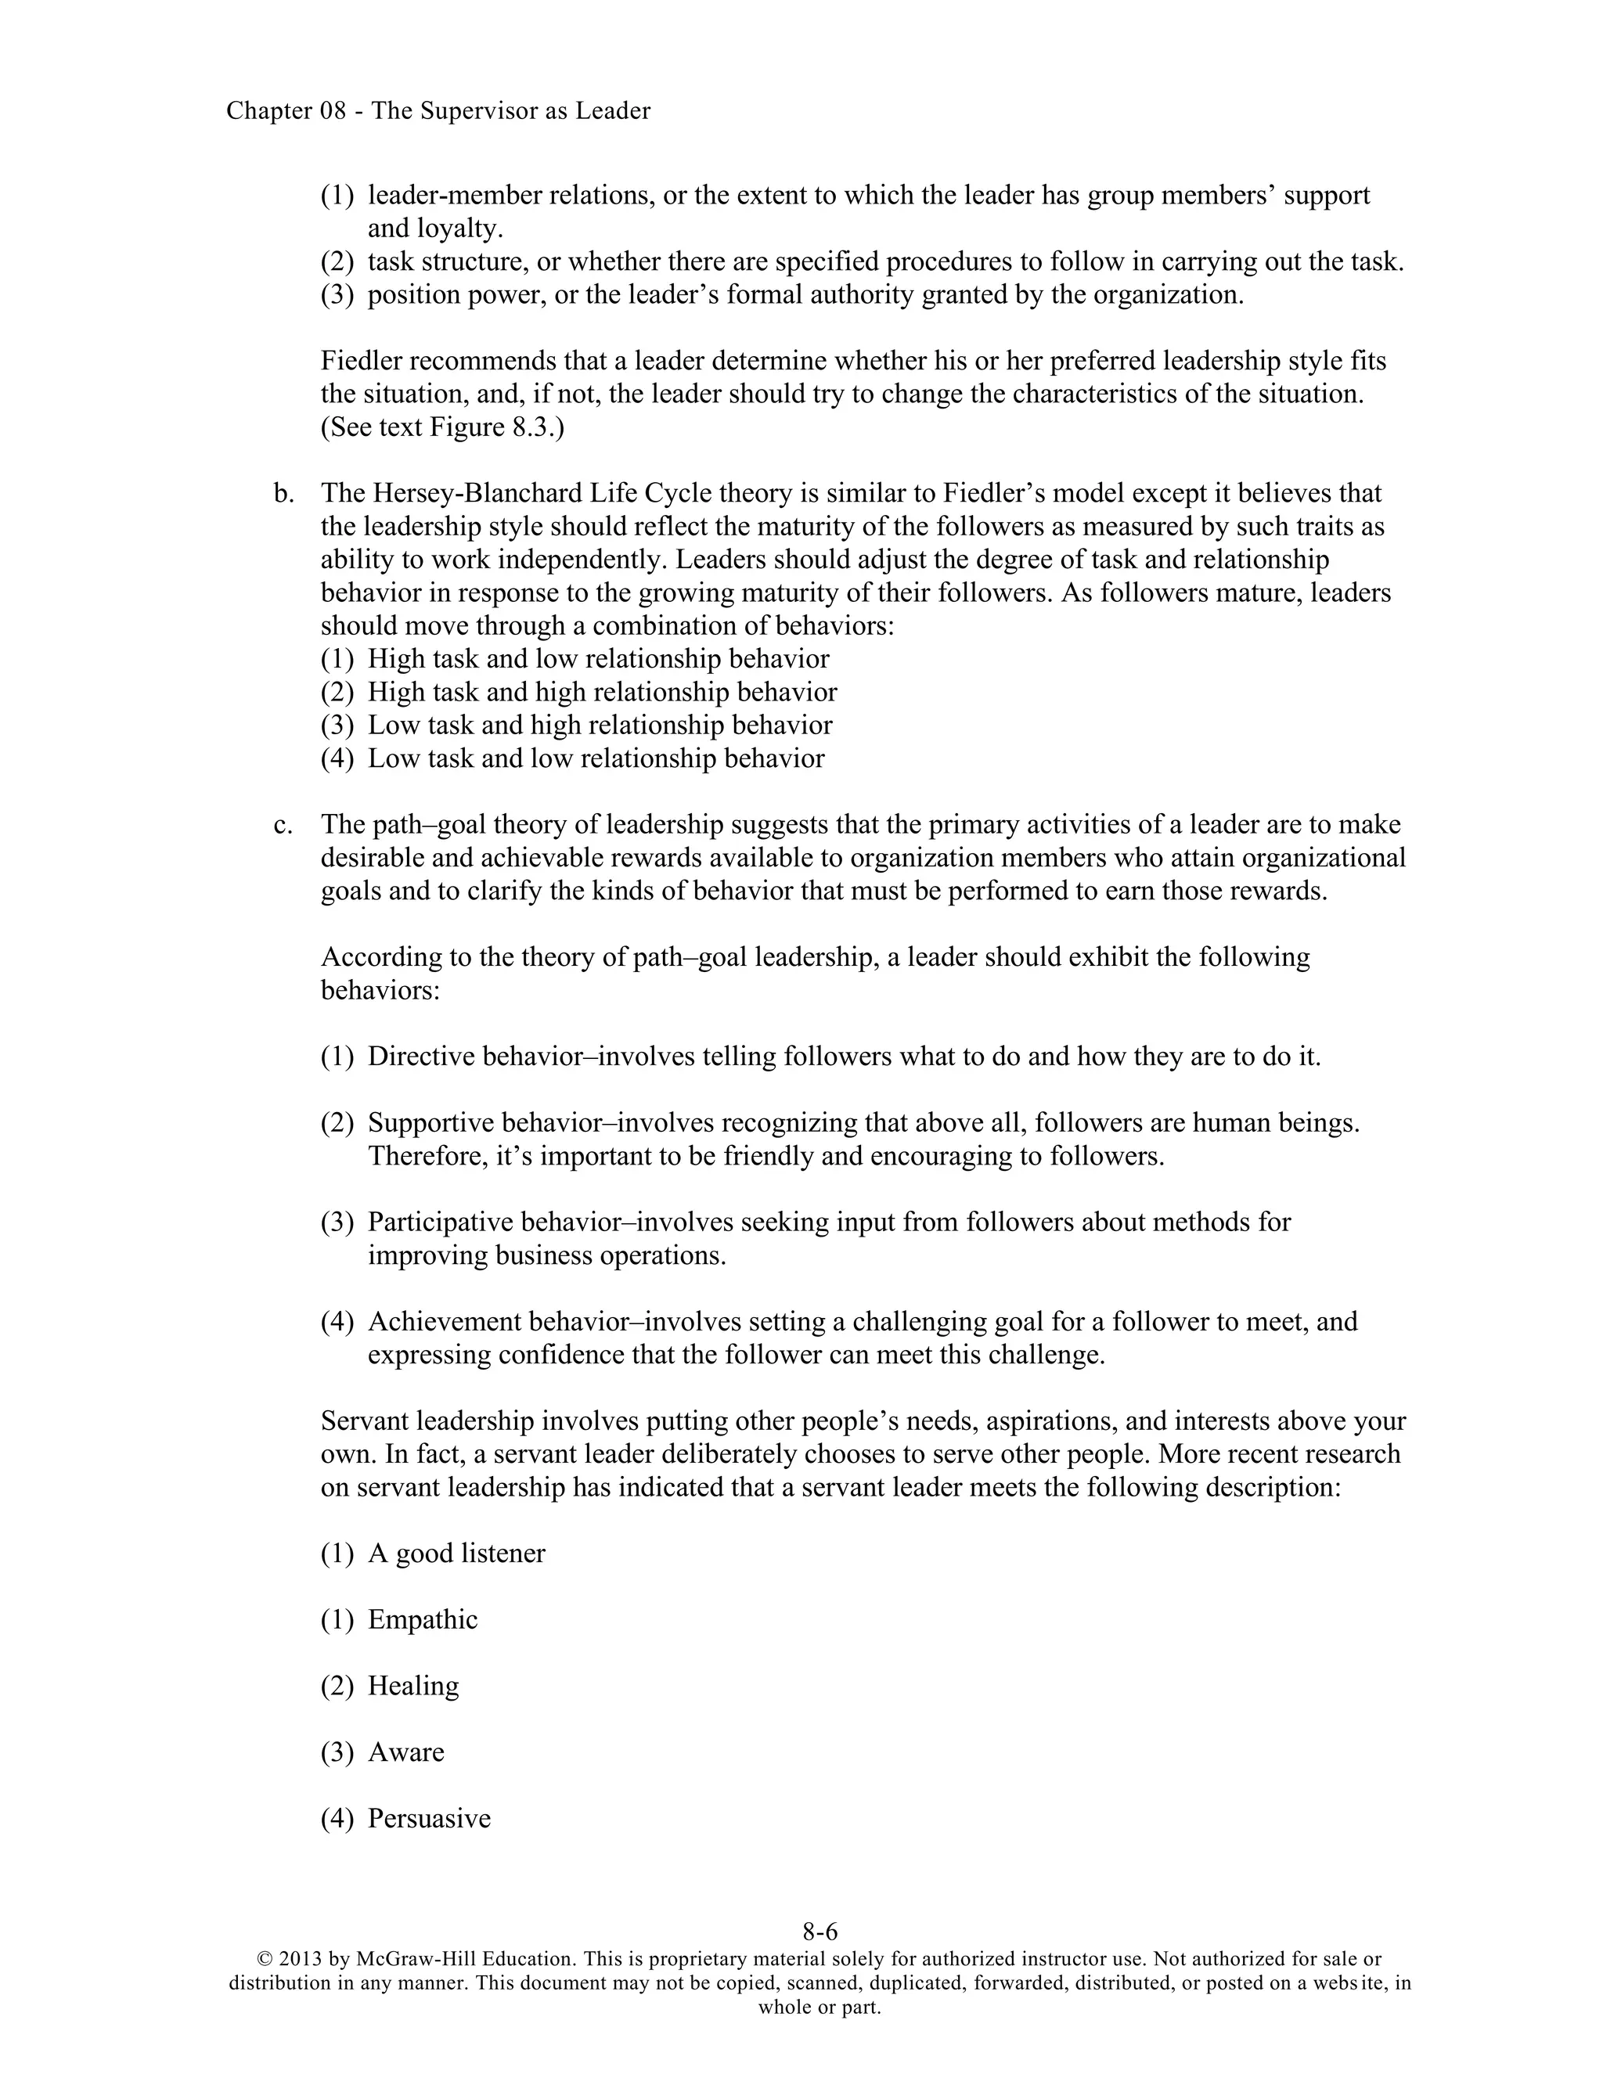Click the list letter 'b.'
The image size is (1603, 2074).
(x=283, y=493)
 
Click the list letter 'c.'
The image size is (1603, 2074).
(x=283, y=824)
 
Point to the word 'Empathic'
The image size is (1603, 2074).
(x=423, y=1619)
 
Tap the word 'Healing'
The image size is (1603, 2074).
(x=413, y=1686)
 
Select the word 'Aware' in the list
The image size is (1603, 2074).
(x=405, y=1752)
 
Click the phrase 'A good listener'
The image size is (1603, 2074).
(x=457, y=1554)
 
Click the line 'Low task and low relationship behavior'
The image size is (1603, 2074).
(x=596, y=758)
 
